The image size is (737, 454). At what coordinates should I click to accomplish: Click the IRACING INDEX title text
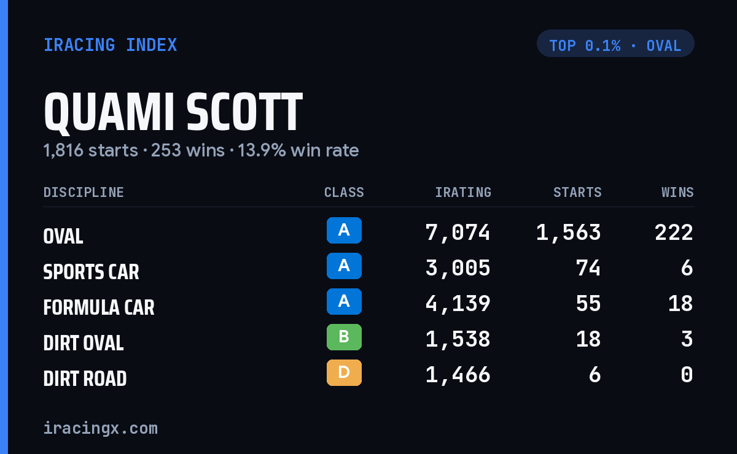click(x=110, y=45)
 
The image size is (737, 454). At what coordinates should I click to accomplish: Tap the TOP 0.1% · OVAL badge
click(x=615, y=44)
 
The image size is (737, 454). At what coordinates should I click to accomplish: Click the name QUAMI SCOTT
click(x=173, y=112)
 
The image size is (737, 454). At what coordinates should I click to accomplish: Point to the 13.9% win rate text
click(x=298, y=150)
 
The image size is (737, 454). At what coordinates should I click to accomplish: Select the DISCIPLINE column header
click(x=84, y=192)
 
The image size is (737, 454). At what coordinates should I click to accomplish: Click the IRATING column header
click(x=463, y=192)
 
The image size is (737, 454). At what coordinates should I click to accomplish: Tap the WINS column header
click(x=678, y=192)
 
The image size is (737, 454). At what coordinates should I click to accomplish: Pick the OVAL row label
click(x=63, y=236)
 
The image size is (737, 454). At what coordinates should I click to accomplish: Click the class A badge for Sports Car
click(x=344, y=266)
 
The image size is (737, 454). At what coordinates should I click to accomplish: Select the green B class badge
click(x=344, y=337)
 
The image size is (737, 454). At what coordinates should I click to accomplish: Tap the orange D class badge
click(x=344, y=372)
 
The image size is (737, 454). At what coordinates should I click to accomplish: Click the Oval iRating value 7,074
click(x=458, y=233)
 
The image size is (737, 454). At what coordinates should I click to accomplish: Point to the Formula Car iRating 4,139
click(x=458, y=304)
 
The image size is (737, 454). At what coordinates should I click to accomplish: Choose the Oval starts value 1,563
click(x=568, y=233)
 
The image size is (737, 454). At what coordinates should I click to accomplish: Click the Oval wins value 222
click(x=674, y=233)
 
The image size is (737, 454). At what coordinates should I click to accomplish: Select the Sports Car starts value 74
click(x=588, y=268)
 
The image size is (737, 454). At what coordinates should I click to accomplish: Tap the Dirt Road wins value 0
click(x=687, y=375)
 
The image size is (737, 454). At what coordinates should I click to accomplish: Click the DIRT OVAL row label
click(x=84, y=343)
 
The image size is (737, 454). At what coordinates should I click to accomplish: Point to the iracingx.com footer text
click(x=101, y=428)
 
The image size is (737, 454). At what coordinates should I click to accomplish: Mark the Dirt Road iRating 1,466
click(x=458, y=375)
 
